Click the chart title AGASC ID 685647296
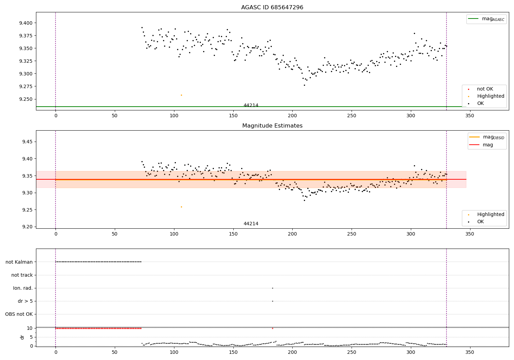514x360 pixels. pos(272,8)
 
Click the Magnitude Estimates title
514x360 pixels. pos(272,126)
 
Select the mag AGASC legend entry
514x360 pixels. pos(486,19)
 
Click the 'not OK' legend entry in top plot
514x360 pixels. pos(485,89)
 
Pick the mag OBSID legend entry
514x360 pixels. pos(487,137)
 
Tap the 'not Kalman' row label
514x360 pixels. pos(19,262)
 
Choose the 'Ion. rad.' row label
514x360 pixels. pos(23,288)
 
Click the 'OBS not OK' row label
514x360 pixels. pos(19,314)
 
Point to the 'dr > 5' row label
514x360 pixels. pos(25,301)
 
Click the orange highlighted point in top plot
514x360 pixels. pos(181,95)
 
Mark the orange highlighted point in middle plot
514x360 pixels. pos(181,207)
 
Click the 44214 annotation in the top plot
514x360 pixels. pos(251,105)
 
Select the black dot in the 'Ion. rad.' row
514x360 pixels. pos(272,288)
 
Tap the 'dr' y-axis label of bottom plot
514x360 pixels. pos(22,337)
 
